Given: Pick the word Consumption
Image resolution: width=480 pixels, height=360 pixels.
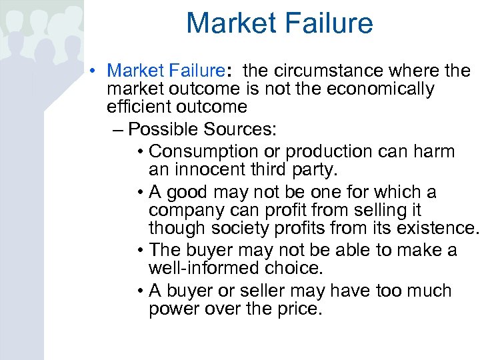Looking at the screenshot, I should tap(203, 151).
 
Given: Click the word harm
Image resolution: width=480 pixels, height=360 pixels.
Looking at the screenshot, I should tap(433, 151).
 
